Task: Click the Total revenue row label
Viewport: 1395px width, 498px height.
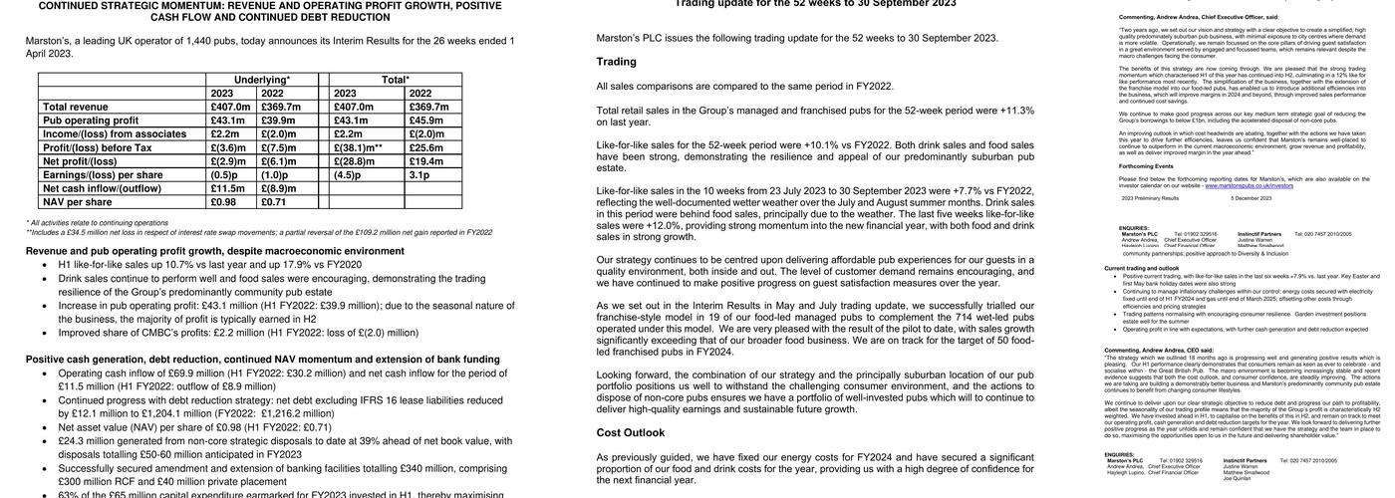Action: click(x=75, y=107)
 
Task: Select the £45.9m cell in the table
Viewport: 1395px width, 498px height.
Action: click(x=426, y=121)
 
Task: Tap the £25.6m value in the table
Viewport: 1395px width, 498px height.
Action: click(x=426, y=147)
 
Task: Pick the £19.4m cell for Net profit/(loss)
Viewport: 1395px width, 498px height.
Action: click(x=426, y=161)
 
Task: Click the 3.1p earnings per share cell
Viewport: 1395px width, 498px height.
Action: click(x=419, y=175)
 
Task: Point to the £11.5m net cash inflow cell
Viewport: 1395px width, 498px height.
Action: click(x=228, y=188)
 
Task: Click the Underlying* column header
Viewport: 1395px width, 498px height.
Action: click(x=262, y=80)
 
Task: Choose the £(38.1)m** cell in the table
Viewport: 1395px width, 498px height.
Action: click(x=359, y=147)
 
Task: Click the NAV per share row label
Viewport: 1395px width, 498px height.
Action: click(x=77, y=202)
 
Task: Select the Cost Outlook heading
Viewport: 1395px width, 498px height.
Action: click(x=630, y=433)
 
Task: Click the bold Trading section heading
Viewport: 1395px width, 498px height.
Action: click(x=616, y=62)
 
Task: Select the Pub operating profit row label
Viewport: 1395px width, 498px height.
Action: click(x=90, y=121)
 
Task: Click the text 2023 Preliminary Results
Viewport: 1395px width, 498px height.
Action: click(x=1149, y=198)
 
